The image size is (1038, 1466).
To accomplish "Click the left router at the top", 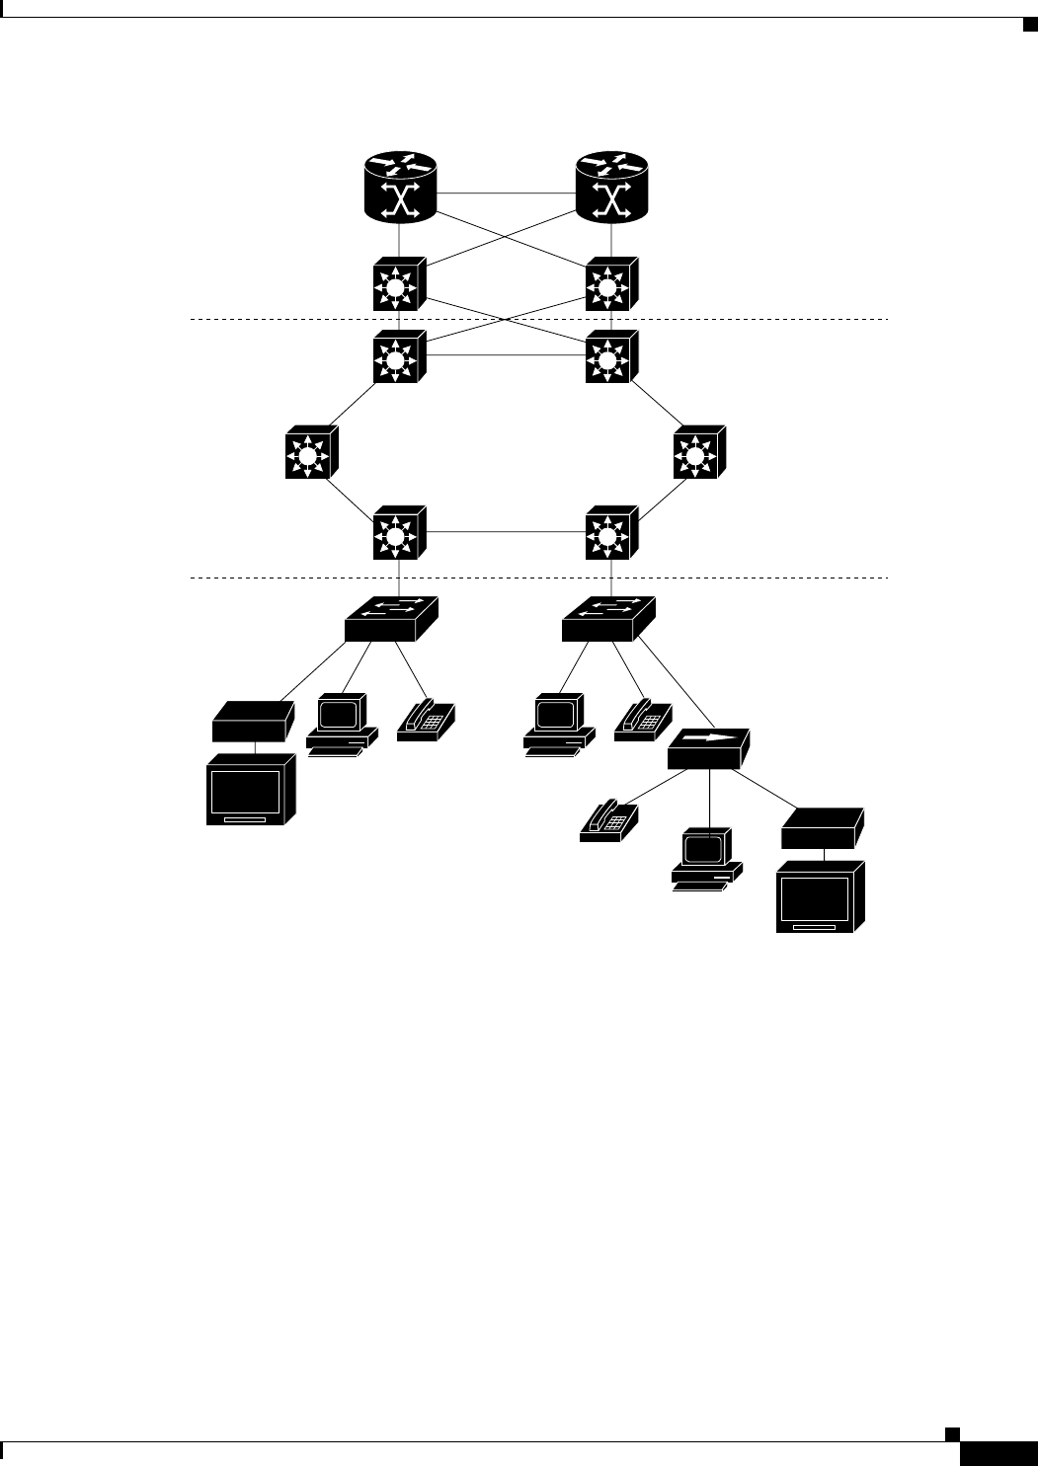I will [x=398, y=188].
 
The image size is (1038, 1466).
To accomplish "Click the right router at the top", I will [x=612, y=188].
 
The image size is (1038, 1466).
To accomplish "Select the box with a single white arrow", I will [x=708, y=749].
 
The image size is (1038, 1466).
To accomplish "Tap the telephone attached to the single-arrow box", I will [x=609, y=820].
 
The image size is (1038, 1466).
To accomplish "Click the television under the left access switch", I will [x=251, y=790].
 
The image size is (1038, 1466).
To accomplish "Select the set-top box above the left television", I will [x=253, y=721].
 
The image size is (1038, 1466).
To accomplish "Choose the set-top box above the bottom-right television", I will [x=822, y=828].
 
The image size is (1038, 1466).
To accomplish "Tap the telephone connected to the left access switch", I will [x=428, y=721].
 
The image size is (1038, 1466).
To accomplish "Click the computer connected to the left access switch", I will [x=343, y=725].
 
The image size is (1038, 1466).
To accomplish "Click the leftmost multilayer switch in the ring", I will [x=311, y=454].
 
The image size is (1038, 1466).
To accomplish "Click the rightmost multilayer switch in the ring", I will [x=698, y=454].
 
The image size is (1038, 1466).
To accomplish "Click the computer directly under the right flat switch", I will [x=559, y=725].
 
